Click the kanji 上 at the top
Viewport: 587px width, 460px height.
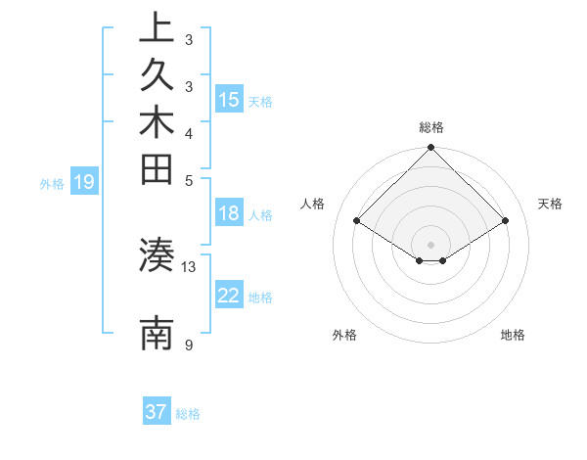157,28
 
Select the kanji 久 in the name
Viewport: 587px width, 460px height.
157,76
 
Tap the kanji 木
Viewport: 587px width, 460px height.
157,124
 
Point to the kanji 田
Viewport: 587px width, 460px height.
157,171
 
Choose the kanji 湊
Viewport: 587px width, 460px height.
157,255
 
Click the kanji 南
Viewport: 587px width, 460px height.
157,334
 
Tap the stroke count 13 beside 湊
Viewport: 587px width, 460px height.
189,266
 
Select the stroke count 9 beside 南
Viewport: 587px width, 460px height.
189,345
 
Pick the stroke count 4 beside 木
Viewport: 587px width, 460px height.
189,132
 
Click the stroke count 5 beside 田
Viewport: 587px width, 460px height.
189,180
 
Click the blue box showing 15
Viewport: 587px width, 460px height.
229,100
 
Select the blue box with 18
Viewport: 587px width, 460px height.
229,214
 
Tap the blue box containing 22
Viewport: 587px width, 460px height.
229,296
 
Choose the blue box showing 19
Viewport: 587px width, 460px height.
84,181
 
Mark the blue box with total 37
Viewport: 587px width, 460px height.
157,412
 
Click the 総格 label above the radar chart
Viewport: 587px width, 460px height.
431,127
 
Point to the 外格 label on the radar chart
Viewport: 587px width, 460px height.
344,335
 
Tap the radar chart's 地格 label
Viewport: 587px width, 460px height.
513,335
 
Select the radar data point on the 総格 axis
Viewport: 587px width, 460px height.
431,149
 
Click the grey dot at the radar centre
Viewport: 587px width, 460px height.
431,244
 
